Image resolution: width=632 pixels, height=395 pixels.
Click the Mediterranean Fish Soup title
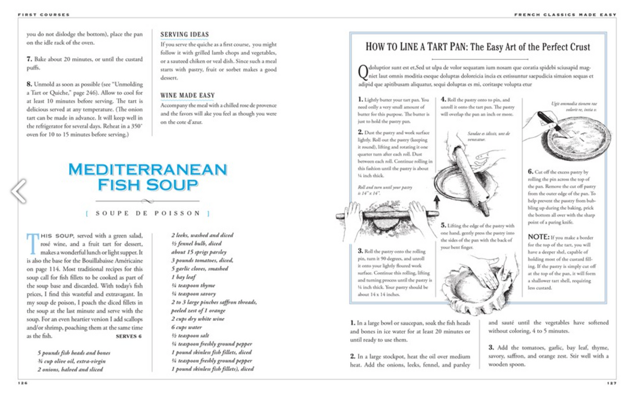tap(148, 176)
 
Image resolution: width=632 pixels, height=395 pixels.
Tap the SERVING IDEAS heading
tap(184, 35)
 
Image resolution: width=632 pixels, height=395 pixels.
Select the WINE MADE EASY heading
tap(187, 96)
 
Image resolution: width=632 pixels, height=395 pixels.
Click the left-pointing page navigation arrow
tap(19, 191)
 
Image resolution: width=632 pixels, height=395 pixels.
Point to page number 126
tap(22, 383)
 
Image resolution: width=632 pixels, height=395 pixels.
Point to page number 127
tap(611, 383)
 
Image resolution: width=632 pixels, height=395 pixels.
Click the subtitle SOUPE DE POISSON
tap(148, 213)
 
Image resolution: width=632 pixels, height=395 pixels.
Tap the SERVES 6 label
tap(129, 336)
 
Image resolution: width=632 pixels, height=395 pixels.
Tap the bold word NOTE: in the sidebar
tap(539, 237)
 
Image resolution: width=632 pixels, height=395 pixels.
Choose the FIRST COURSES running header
tap(43, 15)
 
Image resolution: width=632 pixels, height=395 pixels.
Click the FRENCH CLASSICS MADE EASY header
tap(565, 15)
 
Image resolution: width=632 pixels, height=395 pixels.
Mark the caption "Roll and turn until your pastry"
tap(384, 187)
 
